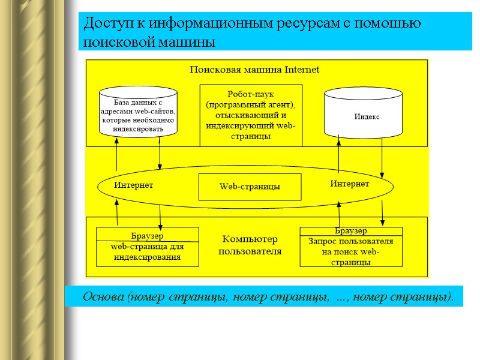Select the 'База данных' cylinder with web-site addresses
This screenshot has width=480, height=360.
tap(138, 112)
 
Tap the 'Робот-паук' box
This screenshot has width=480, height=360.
tap(251, 115)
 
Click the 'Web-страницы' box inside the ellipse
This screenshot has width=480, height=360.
tap(250, 187)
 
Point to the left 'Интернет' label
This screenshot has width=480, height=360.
tap(134, 185)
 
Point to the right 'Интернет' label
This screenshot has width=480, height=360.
tap(349, 184)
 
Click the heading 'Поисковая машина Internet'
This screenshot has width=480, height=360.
tap(254, 70)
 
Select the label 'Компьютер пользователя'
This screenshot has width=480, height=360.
tap(249, 245)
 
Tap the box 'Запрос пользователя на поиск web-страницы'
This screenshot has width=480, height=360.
tap(351, 251)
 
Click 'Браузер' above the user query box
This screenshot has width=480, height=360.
tap(350, 231)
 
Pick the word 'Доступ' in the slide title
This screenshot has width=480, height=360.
tap(105, 24)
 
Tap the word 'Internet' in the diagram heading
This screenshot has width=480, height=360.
tap(302, 70)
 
